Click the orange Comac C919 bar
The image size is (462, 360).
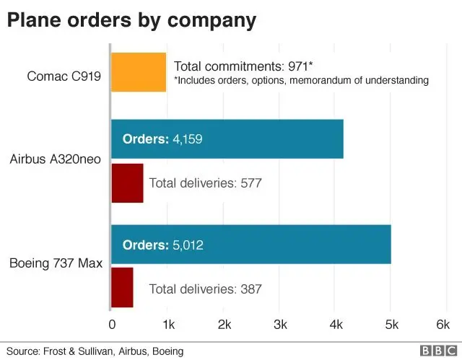pyautogui.click(x=139, y=72)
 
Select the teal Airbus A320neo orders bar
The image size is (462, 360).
pyautogui.click(x=227, y=139)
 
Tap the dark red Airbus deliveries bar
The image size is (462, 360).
pyautogui.click(x=127, y=183)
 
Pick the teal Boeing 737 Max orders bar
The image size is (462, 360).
pyautogui.click(x=250, y=245)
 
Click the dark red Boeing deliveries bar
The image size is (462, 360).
pyautogui.click(x=122, y=288)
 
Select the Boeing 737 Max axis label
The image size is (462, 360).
pyautogui.click(x=56, y=263)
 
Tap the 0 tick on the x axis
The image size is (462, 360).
pyautogui.click(x=112, y=324)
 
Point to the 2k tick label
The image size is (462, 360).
pyautogui.click(x=224, y=324)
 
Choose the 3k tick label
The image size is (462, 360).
pyautogui.click(x=279, y=324)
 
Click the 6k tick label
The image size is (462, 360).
pyautogui.click(x=443, y=324)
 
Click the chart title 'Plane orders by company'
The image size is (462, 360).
pyautogui.click(x=131, y=19)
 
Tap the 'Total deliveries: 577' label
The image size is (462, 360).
pyautogui.click(x=205, y=183)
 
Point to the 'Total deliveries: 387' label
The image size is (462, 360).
pyautogui.click(x=205, y=289)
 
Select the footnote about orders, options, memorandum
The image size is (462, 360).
pyautogui.click(x=302, y=80)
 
